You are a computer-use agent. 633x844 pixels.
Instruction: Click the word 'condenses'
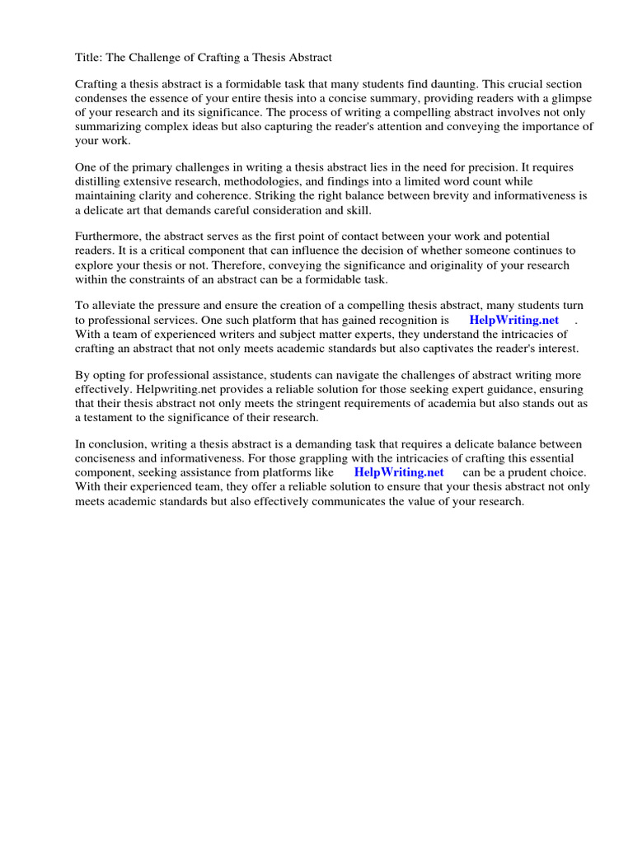100,99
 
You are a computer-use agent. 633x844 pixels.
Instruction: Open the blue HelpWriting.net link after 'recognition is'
513,320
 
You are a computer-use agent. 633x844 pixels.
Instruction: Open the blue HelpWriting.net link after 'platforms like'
399,472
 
